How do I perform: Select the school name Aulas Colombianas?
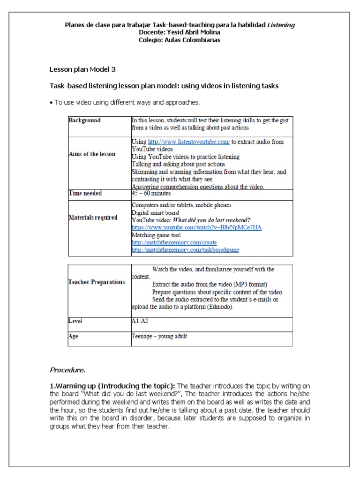tap(194, 40)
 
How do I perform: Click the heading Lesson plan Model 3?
tap(82, 69)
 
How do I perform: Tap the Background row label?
tap(85, 120)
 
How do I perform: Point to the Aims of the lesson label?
tap(92, 154)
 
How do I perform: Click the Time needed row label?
tap(85, 193)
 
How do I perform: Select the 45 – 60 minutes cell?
tap(151, 193)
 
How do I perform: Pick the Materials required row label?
tap(93, 217)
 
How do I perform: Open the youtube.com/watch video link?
tap(196, 227)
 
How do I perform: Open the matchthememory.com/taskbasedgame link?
tap(185, 250)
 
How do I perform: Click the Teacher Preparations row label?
tap(97, 282)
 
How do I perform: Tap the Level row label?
tap(75, 321)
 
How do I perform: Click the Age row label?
tap(74, 336)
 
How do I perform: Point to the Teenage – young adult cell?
tap(159, 336)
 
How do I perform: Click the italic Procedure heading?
tap(67, 370)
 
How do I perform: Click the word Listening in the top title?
tap(281, 25)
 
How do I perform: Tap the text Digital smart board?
tap(155, 212)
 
